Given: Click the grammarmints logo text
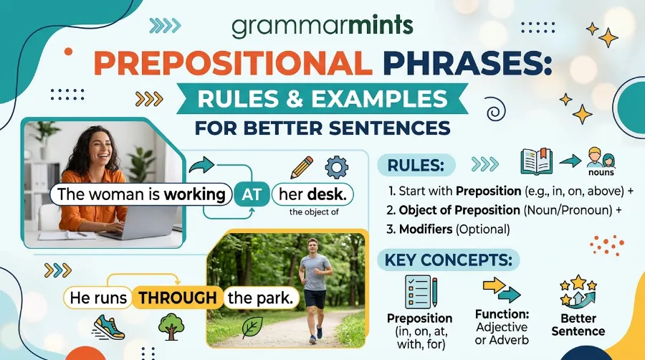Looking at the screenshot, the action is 322,26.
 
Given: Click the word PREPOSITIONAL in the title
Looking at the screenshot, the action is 233,63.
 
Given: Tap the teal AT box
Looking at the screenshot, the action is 252,194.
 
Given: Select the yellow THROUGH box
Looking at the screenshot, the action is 177,298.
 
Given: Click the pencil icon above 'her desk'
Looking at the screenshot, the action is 302,168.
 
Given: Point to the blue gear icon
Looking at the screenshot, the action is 337,167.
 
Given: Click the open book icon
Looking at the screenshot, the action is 536,161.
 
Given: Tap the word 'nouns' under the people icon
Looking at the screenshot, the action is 601,172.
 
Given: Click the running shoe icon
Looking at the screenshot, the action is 109,327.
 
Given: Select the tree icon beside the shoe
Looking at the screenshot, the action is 171,327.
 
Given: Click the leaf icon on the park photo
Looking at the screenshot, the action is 252,328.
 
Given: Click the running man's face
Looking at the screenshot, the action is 313,247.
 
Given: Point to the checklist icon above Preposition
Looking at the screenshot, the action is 421,292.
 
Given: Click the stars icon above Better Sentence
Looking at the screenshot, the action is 578,291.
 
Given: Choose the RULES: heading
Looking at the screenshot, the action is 416,166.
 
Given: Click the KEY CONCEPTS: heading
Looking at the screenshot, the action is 449,260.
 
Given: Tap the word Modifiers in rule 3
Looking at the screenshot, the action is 426,229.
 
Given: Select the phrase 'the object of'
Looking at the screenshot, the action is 314,212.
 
